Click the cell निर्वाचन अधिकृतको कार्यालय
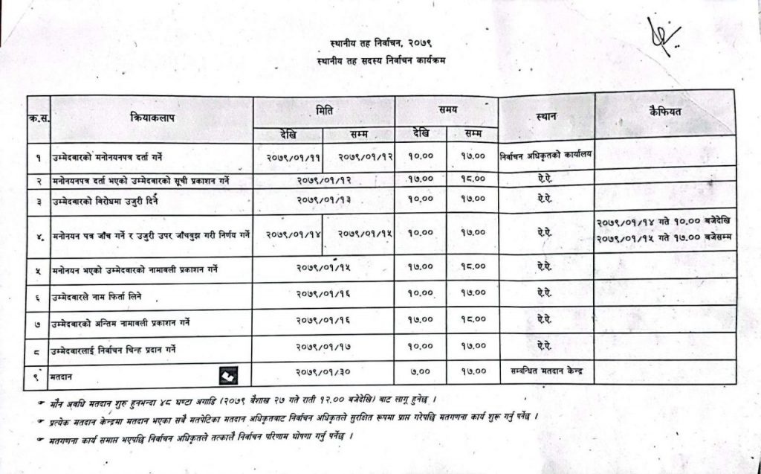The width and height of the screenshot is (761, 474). pos(546,157)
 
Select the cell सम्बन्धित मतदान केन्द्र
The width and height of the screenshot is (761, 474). pos(546,369)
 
